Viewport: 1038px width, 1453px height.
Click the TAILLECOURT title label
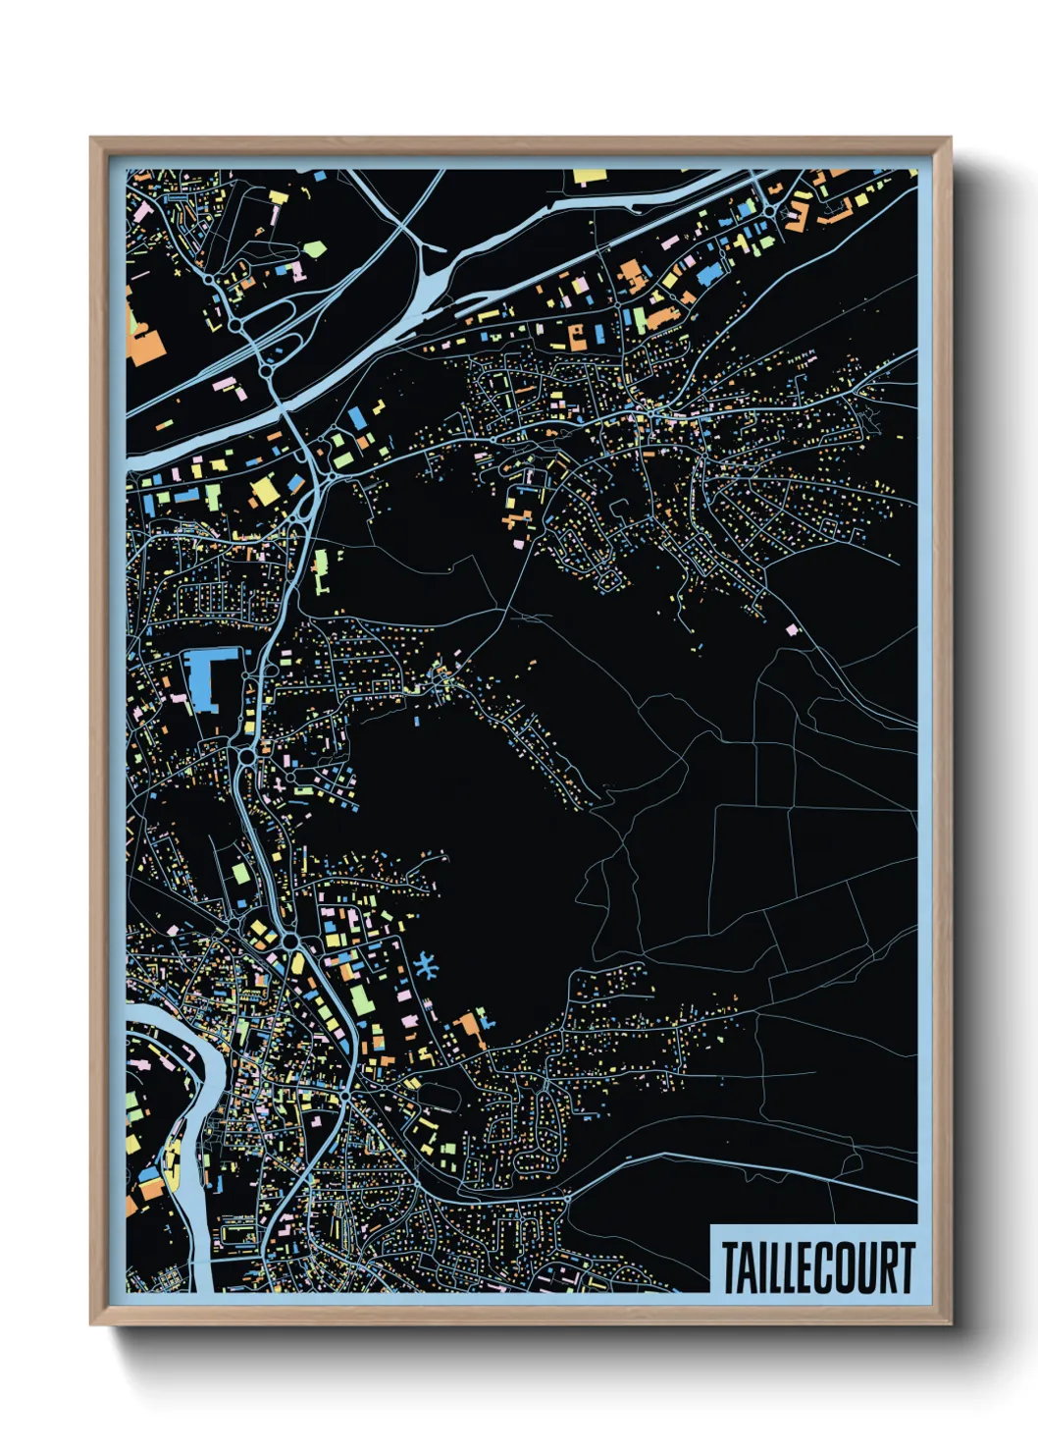(818, 1267)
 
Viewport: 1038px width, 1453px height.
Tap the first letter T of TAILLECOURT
(732, 1267)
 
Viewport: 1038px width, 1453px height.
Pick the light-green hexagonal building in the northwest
(314, 249)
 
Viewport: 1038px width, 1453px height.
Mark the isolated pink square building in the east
(793, 629)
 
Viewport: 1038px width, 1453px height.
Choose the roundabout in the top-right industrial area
(768, 209)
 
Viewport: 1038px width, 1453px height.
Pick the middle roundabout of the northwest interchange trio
(236, 324)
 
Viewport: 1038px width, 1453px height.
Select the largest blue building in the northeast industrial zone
(708, 273)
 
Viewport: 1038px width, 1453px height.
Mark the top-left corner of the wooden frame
(91, 138)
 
